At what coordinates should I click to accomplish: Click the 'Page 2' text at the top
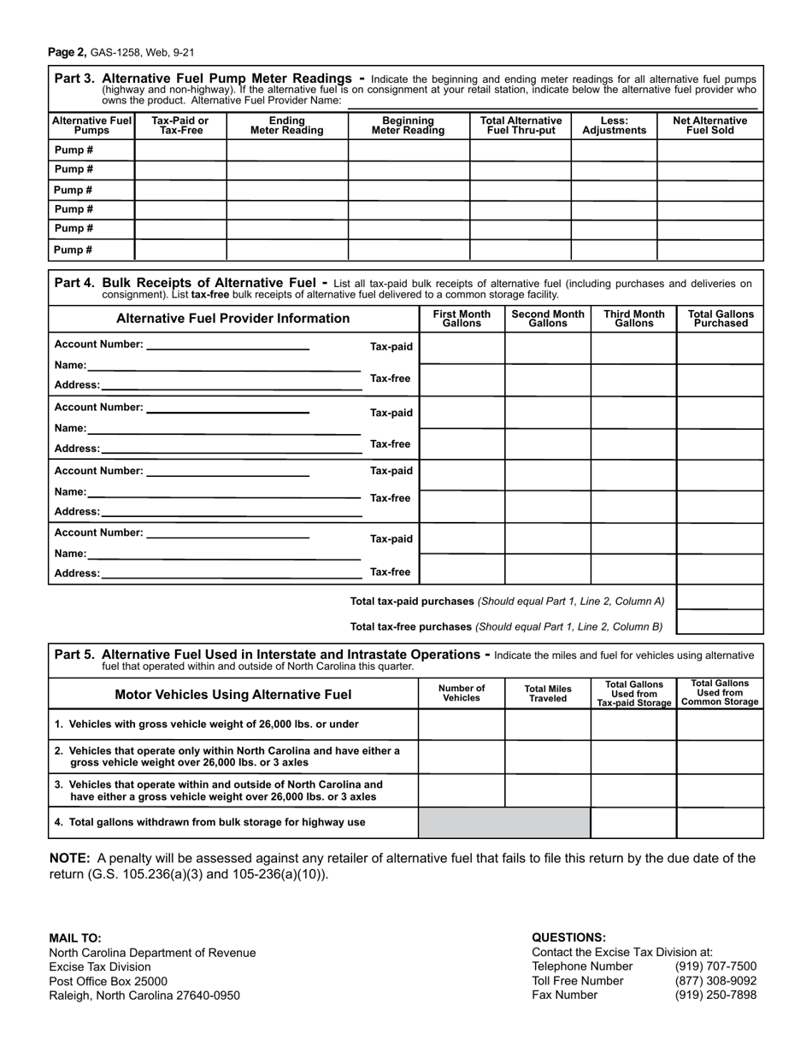pos(67,52)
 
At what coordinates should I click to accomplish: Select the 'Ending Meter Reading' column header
pos(286,126)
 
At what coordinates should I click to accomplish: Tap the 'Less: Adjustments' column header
pos(614,126)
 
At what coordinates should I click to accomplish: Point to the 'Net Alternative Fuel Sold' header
pos(709,126)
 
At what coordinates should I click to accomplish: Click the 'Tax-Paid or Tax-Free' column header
pos(179,126)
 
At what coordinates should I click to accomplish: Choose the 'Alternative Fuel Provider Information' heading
pos(232,319)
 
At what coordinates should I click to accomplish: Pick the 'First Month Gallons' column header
pos(462,319)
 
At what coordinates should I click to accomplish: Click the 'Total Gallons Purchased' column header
pos(721,319)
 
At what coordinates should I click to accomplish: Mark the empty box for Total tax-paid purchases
pos(720,598)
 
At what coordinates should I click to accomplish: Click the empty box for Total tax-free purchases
pos(720,622)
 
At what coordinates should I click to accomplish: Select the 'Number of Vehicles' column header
pos(462,693)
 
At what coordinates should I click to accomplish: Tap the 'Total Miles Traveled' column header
pos(548,693)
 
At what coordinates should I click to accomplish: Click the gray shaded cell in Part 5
pos(504,823)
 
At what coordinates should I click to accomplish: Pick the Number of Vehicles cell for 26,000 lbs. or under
pos(462,724)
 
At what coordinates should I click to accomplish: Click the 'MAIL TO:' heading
pos(75,937)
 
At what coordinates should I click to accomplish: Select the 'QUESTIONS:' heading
pos(568,937)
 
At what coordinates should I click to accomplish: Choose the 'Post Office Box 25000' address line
pos(108,981)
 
